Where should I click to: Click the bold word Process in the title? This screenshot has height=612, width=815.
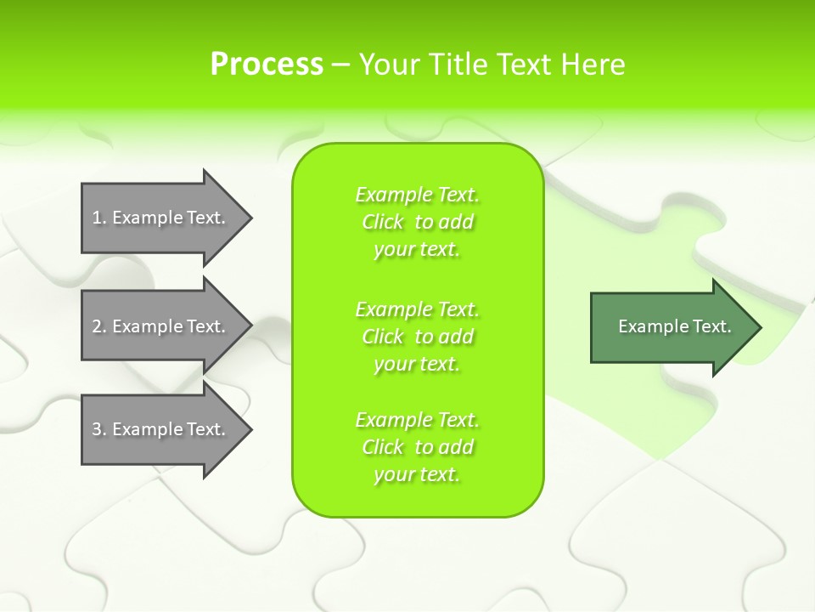pos(267,65)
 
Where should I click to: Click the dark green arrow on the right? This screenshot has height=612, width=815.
pos(671,326)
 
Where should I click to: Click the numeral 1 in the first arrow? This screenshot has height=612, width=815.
pos(97,218)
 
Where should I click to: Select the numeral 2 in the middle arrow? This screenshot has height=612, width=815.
pos(97,326)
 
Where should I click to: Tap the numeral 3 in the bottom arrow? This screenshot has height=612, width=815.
pos(97,429)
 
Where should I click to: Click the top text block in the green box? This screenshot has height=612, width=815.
pos(418,222)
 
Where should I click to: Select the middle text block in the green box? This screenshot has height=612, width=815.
pos(418,336)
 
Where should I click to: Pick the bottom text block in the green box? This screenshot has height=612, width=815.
pos(418,447)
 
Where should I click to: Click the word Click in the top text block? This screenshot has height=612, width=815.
pos(383,222)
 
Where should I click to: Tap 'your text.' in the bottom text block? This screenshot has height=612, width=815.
pos(417,474)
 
